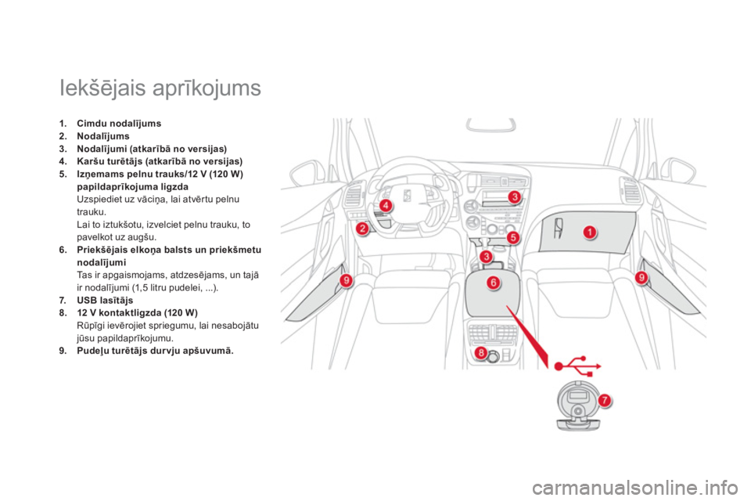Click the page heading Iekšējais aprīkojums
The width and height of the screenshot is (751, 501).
(x=160, y=88)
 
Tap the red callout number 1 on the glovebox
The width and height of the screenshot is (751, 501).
(x=590, y=232)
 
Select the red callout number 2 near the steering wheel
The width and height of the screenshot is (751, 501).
(x=362, y=229)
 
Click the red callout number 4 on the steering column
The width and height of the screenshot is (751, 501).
(x=386, y=206)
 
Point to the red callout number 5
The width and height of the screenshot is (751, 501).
(x=513, y=237)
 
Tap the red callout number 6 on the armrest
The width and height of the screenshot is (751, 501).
(x=493, y=283)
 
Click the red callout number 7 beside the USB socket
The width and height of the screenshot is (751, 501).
(x=605, y=400)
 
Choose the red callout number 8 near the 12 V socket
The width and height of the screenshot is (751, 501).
(x=480, y=354)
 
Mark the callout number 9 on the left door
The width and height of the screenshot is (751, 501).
(x=346, y=280)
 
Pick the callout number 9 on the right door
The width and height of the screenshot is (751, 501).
(x=641, y=276)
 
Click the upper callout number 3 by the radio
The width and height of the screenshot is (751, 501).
(x=515, y=196)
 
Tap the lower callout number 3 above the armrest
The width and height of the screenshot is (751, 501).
(x=486, y=257)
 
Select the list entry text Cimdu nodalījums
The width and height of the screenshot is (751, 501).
(x=119, y=124)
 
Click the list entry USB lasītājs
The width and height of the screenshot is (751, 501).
(x=105, y=301)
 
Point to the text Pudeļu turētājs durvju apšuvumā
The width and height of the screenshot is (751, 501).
(x=155, y=351)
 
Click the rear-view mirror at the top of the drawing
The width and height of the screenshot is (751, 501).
(x=491, y=124)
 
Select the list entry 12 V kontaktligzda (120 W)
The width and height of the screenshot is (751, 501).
(x=137, y=313)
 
